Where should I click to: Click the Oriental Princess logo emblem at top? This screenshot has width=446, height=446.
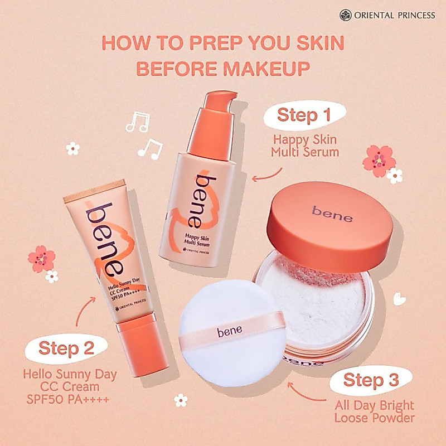click(x=346, y=15)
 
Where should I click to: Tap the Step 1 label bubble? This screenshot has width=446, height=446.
click(x=304, y=115)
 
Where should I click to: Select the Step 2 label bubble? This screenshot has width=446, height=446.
click(x=66, y=349)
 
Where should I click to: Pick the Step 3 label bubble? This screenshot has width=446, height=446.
click(x=371, y=380)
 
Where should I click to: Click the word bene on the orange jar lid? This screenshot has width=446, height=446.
click(x=332, y=214)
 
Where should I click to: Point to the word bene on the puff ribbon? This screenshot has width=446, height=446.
click(x=229, y=331)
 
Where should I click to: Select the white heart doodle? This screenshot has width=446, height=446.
click(x=399, y=299)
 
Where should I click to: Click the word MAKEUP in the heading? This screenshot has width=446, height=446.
click(x=266, y=69)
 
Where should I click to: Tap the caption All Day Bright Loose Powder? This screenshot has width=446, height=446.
click(x=374, y=411)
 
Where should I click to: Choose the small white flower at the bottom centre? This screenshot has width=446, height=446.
click(x=181, y=400)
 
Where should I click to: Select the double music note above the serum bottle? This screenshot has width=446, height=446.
click(x=138, y=122)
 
